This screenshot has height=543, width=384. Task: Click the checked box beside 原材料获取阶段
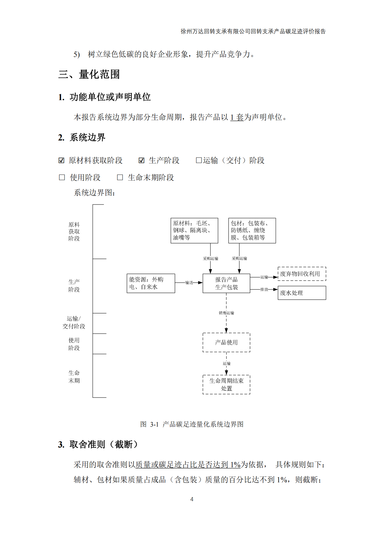[x=61, y=160]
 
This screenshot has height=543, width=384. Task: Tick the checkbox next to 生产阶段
[x=141, y=160]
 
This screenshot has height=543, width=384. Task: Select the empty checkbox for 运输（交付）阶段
[x=199, y=160]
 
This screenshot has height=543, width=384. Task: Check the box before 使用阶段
[x=62, y=177]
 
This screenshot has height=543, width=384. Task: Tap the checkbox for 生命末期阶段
[x=120, y=177]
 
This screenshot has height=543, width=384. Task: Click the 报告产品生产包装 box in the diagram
[x=226, y=283]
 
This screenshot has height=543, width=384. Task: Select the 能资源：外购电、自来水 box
[x=151, y=283]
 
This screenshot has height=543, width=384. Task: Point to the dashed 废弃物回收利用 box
[x=302, y=274]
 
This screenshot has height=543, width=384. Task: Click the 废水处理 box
[x=302, y=293]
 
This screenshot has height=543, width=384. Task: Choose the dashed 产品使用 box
[x=226, y=342]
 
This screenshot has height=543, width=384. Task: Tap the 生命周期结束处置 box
[x=226, y=385]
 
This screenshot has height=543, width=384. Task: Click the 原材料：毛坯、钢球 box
[x=194, y=230]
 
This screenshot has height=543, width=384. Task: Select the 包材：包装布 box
[x=252, y=230]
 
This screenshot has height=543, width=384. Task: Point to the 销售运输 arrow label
[x=226, y=313]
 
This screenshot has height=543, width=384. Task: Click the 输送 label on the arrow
[x=189, y=283]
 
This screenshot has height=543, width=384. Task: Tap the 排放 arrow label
[x=264, y=289]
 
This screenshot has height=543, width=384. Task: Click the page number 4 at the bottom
[x=192, y=499]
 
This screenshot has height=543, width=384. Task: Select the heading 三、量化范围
[x=89, y=74]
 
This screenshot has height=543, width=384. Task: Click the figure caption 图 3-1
[x=192, y=424]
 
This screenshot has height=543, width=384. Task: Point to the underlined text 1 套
[x=237, y=117]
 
